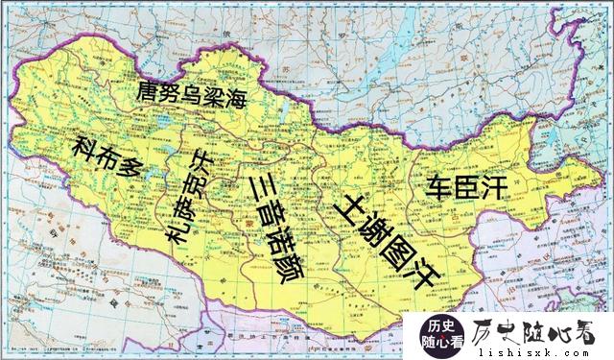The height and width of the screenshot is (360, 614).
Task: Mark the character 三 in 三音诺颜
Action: (x=261, y=185)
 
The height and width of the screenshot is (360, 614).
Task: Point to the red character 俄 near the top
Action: (x=227, y=35)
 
